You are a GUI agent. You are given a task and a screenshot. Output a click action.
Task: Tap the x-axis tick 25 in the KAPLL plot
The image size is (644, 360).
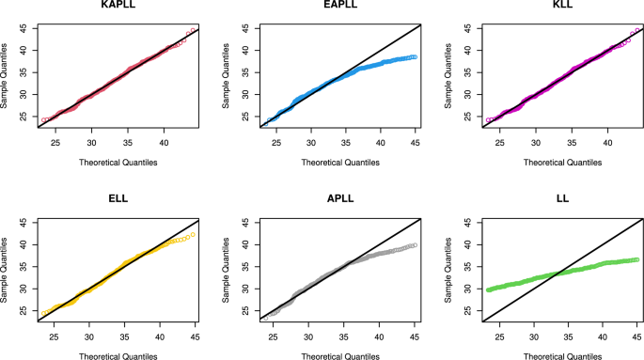[55, 142]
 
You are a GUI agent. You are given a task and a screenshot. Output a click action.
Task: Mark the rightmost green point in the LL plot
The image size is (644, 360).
[636, 259]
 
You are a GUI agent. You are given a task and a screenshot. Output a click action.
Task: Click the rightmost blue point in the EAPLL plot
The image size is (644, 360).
[415, 56]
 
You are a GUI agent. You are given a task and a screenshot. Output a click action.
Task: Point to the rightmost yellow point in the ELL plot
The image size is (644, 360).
[193, 235]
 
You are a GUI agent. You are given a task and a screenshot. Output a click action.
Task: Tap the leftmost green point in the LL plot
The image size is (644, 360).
[489, 290]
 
